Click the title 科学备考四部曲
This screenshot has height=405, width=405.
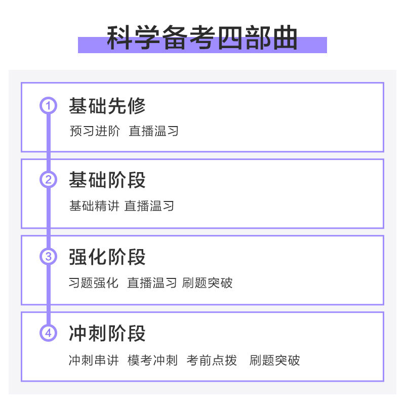coord(202,38)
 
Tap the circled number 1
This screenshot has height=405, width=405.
coord(49,106)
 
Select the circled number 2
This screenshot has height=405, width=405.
coord(49,180)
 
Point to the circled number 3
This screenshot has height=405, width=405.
coord(49,257)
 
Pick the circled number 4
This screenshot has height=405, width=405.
coord(49,333)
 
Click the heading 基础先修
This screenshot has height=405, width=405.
coord(107,106)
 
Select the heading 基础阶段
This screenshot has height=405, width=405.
coord(107,180)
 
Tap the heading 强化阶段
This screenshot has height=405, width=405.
coord(107,257)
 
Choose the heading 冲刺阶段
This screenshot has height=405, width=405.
coord(107,333)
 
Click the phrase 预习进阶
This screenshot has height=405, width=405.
coord(95,131)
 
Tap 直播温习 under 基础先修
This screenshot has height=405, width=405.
coord(154,131)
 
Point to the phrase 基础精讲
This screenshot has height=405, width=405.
coord(94,206)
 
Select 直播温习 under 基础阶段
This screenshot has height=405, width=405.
coord(149,206)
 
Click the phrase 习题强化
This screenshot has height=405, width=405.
coord(94,282)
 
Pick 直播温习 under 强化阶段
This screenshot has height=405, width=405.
coord(152,282)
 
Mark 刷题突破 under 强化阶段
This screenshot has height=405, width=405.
coord(208,282)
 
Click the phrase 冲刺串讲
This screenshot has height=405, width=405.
coord(94,360)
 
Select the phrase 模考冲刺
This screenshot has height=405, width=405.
coord(152,360)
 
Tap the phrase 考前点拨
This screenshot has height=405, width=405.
coord(212,360)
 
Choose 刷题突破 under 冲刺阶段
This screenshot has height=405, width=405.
coord(275,360)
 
